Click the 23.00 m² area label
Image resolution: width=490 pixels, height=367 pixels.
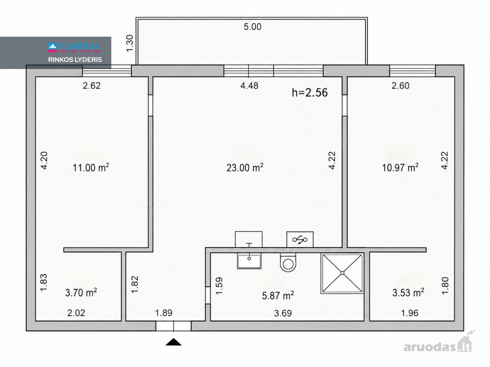tap(245, 167)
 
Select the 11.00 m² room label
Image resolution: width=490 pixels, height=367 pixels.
tap(91, 167)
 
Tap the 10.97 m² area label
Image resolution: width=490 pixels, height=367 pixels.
tap(400, 167)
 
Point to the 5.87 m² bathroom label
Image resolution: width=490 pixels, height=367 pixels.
tap(278, 296)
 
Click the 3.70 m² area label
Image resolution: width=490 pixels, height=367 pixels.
tap(81, 292)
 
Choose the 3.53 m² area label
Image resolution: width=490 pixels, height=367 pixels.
tap(408, 292)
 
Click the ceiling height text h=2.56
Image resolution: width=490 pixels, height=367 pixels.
tap(310, 92)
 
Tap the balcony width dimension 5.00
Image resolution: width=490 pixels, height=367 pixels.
tap(252, 27)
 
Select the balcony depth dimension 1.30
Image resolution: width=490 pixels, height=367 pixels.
tap(130, 43)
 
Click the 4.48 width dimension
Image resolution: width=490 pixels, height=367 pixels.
tap(249, 86)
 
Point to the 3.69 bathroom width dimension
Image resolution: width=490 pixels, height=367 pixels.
tap(283, 313)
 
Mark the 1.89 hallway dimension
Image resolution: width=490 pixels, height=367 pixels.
tap(164, 313)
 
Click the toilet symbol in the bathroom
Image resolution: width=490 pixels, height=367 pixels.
tap(288, 263)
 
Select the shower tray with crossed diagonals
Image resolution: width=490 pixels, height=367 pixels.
tap(343, 273)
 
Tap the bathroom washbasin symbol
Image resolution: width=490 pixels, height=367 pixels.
tap(249, 261)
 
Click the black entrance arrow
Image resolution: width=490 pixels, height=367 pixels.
tap(174, 342)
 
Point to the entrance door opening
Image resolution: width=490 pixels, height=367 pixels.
tap(174, 326)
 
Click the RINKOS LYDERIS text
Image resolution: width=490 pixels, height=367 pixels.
tap(75, 60)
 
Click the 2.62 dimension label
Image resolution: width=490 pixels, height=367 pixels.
tap(92, 86)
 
